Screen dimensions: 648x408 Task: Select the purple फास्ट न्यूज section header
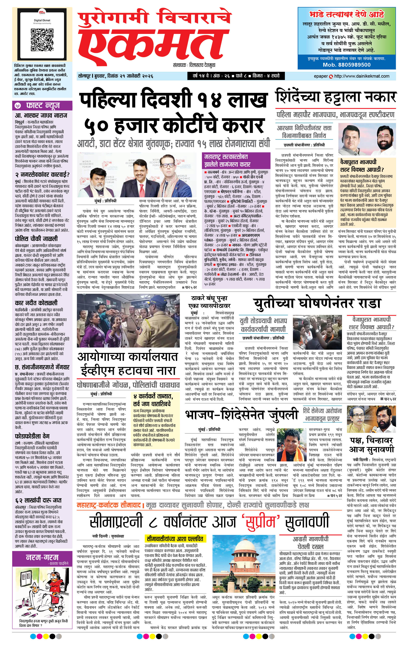(x=42, y=106)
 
